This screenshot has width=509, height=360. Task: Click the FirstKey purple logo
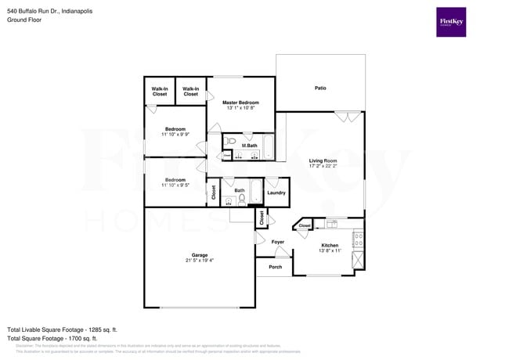[451, 22]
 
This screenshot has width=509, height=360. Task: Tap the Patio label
[320, 88]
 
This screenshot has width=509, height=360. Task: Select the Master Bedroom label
[240, 103]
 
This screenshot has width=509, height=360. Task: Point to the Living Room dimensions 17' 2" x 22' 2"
[323, 167]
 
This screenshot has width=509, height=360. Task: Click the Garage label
[200, 255]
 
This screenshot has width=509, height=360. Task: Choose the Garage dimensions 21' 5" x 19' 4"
[200, 261]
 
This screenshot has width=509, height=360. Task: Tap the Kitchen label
[330, 246]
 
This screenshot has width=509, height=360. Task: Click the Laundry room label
[276, 193]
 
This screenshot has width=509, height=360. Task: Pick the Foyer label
[278, 242]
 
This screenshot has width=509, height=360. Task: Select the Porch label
[276, 267]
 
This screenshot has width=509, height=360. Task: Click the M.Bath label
[250, 146]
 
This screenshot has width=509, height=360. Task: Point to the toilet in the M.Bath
[232, 142]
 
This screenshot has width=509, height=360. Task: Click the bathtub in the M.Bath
[268, 146]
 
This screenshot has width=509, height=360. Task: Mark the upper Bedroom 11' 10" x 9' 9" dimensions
[175, 135]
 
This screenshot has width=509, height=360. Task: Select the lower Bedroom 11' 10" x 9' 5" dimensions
[175, 185]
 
